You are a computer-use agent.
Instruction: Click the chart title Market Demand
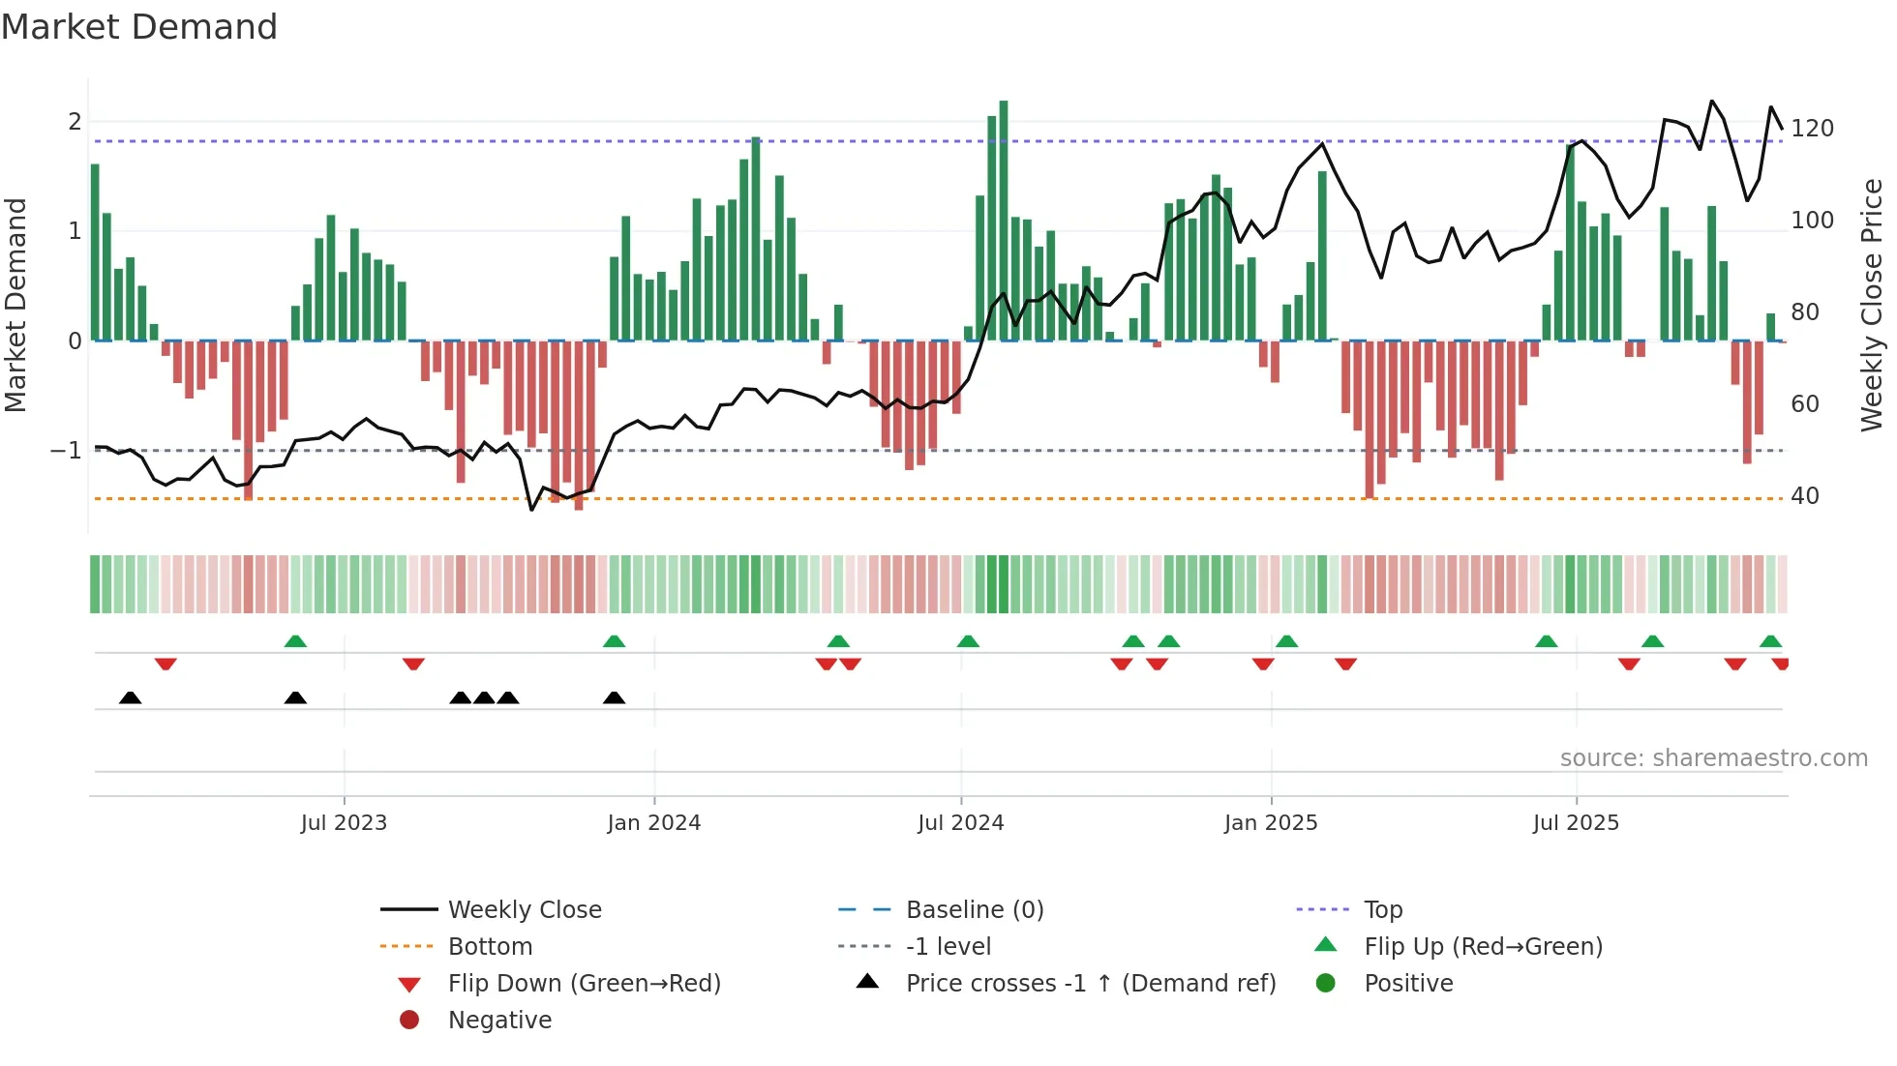click(x=139, y=27)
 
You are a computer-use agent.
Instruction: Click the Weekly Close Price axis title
click(x=1872, y=305)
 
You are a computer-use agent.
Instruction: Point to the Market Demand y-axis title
click(x=15, y=305)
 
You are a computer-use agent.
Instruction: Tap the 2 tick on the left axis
click(x=75, y=122)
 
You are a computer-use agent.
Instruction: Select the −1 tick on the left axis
click(x=67, y=451)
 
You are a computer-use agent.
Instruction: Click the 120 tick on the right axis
click(x=1812, y=129)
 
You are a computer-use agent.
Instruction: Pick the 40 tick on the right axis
click(x=1804, y=496)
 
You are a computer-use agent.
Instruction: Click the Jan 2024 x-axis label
click(x=653, y=823)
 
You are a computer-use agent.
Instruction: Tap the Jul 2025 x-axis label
click(x=1575, y=823)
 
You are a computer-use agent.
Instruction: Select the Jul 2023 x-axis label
click(x=344, y=823)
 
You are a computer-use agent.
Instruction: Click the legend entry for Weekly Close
click(x=524, y=910)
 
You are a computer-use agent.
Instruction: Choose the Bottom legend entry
click(x=490, y=947)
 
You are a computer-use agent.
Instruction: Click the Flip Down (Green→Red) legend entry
click(x=584, y=984)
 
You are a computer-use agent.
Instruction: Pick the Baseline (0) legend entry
click(x=974, y=910)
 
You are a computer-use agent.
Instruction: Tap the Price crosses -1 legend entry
click(x=1090, y=984)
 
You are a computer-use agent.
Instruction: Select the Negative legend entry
click(x=499, y=1021)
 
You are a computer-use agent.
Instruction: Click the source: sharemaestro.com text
click(x=1713, y=758)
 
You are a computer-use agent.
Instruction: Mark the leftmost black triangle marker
click(x=130, y=697)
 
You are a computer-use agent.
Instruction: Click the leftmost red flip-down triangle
click(x=166, y=665)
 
